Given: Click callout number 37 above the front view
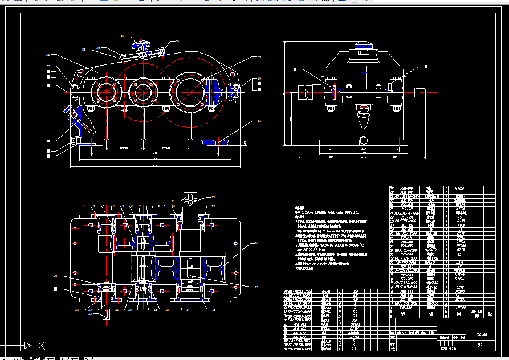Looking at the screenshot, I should pos(122,36).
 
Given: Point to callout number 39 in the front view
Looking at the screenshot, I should pos(259,58).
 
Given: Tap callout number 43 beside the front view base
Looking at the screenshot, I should pos(259,121).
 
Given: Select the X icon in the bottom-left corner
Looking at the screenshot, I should pos(41,345).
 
